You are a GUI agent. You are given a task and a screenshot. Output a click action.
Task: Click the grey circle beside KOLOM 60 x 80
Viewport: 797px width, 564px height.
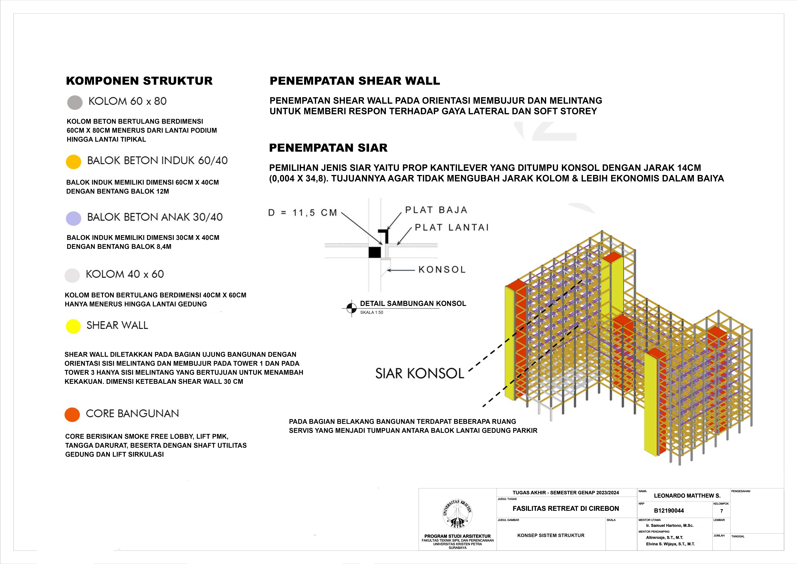point(75,103)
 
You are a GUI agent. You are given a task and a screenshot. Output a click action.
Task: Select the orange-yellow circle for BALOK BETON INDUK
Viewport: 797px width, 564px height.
point(74,162)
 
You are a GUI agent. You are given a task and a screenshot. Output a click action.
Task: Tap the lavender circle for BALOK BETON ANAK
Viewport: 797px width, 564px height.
point(74,218)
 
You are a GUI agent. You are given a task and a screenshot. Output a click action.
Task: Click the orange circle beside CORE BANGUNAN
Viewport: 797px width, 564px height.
point(72,414)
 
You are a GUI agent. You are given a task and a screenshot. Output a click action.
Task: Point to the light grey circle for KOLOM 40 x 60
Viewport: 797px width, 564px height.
point(72,275)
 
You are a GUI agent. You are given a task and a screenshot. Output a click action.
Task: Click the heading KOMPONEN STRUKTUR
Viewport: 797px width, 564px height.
point(139,81)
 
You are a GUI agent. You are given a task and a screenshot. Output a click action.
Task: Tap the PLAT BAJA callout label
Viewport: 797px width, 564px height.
point(436,210)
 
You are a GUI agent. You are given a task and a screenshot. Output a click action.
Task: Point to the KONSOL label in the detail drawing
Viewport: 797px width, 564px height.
point(442,270)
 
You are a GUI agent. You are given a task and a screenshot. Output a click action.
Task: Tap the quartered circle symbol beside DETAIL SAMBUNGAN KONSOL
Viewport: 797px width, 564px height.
point(351,308)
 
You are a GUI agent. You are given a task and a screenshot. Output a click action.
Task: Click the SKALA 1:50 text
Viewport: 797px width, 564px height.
point(371,312)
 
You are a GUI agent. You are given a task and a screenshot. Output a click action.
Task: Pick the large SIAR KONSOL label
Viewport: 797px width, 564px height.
point(419,374)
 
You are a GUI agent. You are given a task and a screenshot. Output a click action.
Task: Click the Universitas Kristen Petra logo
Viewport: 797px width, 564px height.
point(457,514)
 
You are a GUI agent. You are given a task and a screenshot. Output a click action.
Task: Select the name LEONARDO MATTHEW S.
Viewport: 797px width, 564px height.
point(687,496)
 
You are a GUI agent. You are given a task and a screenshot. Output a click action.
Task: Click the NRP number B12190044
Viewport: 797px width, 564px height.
point(669,510)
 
